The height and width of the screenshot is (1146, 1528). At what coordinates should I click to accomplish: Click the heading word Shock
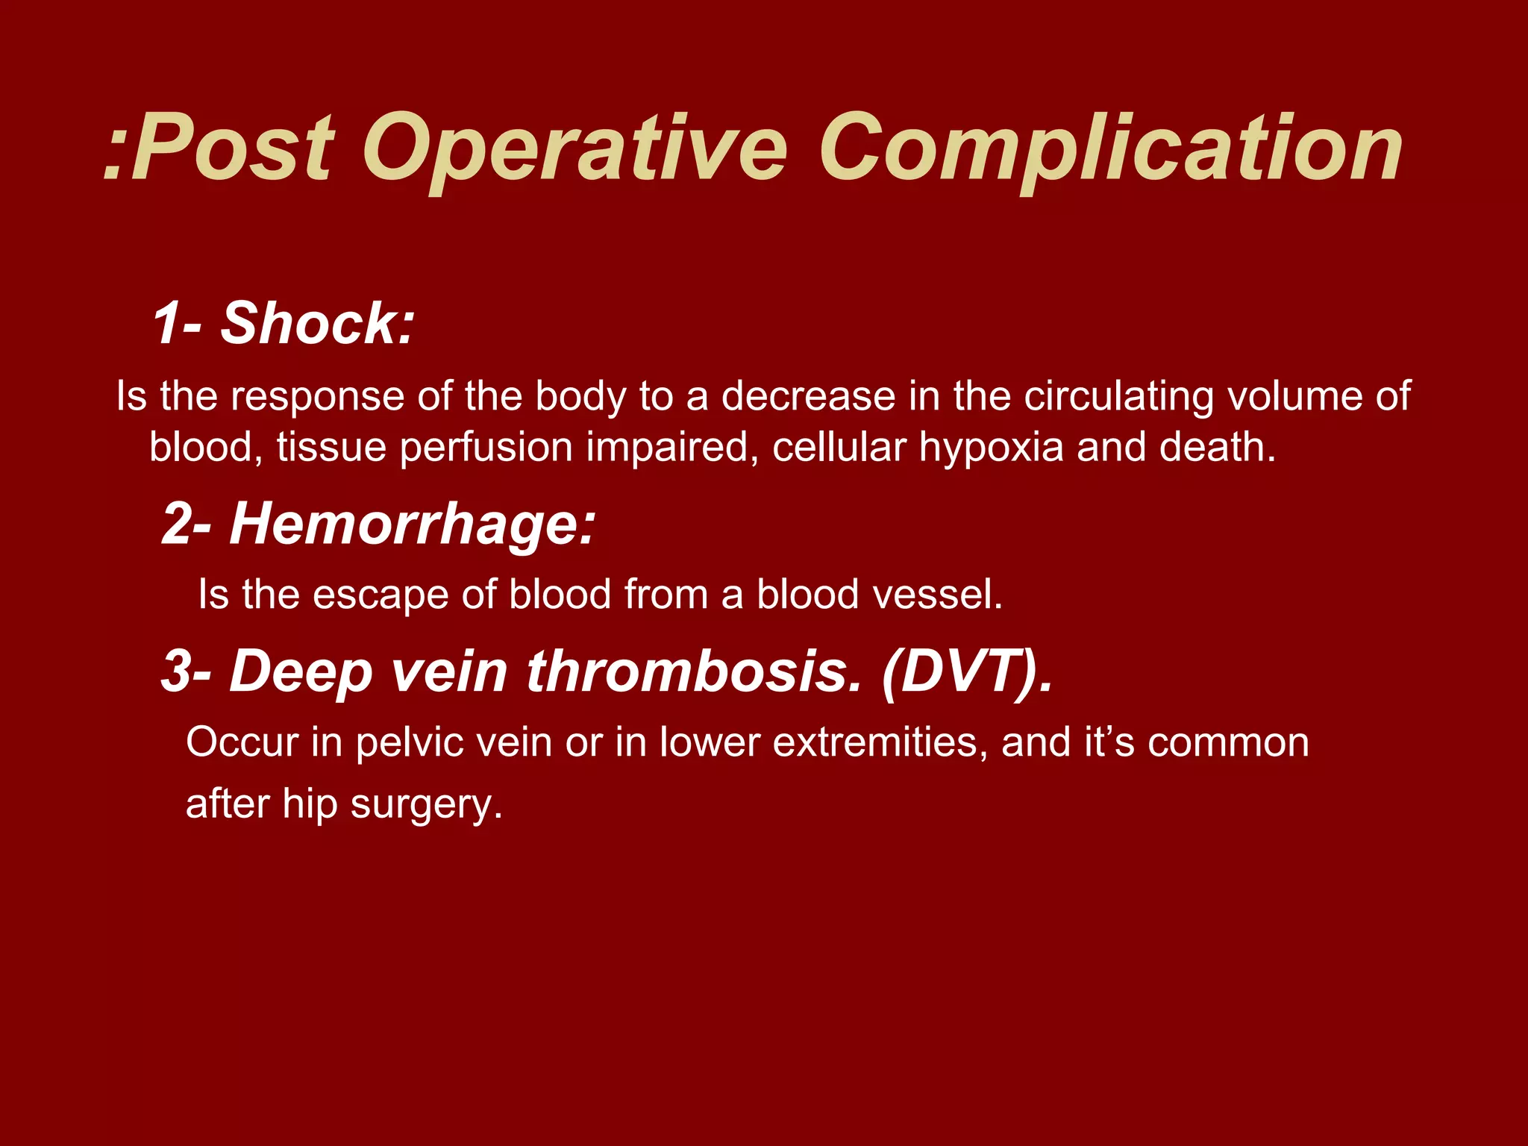coord(316,324)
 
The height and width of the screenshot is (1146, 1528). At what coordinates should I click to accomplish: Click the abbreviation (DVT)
coord(967,671)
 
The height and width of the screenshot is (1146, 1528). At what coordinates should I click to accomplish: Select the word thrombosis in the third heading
coord(694,671)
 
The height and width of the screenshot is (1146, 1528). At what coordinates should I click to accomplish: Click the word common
coord(1228,743)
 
